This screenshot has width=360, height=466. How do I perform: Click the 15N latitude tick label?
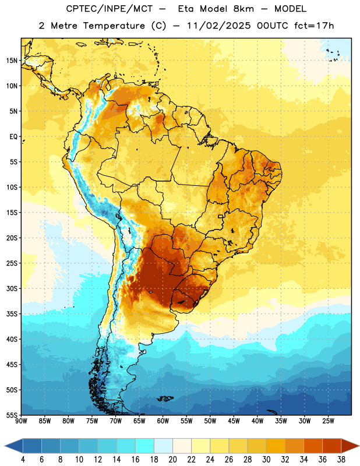[12, 61]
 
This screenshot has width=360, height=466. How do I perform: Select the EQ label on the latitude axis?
[13, 137]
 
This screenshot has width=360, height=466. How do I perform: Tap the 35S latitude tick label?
[12, 314]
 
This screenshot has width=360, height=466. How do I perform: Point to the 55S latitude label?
[12, 415]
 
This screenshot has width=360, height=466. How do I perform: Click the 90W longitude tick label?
[21, 421]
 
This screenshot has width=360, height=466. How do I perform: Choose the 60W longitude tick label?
[163, 421]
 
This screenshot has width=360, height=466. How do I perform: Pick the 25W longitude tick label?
[328, 421]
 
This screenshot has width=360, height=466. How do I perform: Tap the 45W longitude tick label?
[234, 421]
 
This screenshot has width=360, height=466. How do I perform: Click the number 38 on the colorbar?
[341, 460]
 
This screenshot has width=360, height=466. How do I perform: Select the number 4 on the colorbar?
[23, 460]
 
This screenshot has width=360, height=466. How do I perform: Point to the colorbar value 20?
[172, 460]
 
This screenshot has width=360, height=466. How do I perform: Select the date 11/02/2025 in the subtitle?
[219, 26]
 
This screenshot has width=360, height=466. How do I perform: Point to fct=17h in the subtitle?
[314, 26]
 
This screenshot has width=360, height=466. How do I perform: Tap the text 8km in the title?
[243, 9]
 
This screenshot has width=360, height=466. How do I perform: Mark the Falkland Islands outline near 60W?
[165, 398]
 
